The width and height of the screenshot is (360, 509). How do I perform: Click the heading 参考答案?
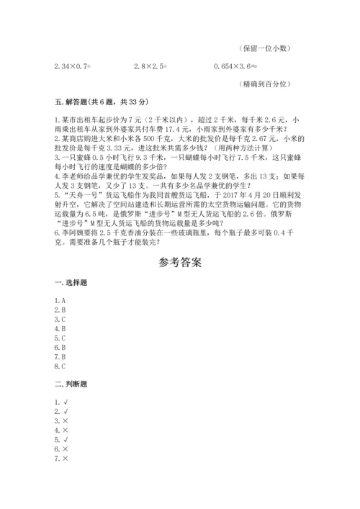point(180,263)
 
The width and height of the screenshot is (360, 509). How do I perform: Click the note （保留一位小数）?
point(264,49)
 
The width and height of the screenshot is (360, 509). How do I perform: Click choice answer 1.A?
point(60,299)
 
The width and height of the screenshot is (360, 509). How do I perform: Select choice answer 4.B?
point(60,328)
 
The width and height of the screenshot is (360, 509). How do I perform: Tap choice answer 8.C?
point(60,365)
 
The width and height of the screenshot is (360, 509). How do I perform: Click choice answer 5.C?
point(60,337)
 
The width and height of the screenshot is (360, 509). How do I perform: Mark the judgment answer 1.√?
point(60,402)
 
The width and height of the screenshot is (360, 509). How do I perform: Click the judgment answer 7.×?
point(60,458)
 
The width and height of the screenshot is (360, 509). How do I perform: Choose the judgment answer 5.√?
point(60,439)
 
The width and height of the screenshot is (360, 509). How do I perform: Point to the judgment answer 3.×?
point(60,420)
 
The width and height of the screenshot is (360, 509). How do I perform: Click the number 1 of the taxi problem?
point(56,117)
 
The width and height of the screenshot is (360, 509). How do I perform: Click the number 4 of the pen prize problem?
point(56,175)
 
